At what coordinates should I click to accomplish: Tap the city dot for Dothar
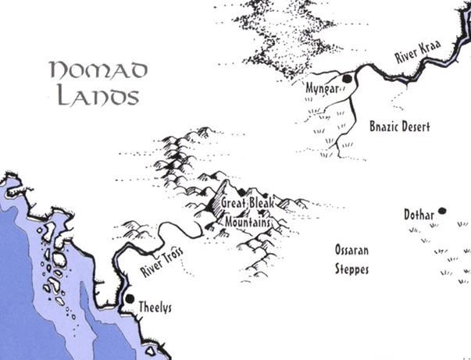pos(442,210)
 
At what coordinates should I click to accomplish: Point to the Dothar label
pos(418,213)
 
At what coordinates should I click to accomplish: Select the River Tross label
pos(162,261)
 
